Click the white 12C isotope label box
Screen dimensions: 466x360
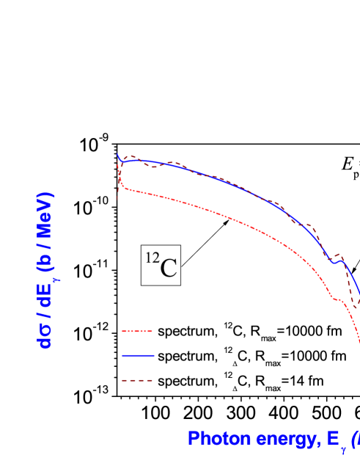[x=161, y=265]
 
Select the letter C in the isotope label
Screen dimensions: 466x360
[x=168, y=268]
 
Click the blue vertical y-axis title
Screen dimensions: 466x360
[x=45, y=270]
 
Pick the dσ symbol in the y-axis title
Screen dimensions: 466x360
[x=45, y=334]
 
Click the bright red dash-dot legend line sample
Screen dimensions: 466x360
[x=137, y=331]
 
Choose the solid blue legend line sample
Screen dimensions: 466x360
[x=137, y=355]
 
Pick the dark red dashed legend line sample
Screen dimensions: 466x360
[x=137, y=380]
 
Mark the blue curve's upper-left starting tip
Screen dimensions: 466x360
[x=118, y=155]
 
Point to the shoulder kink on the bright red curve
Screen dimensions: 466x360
[x=336, y=298]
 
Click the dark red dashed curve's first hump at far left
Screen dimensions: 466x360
[x=131, y=156]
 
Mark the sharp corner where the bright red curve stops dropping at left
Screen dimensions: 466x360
[x=123, y=188]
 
